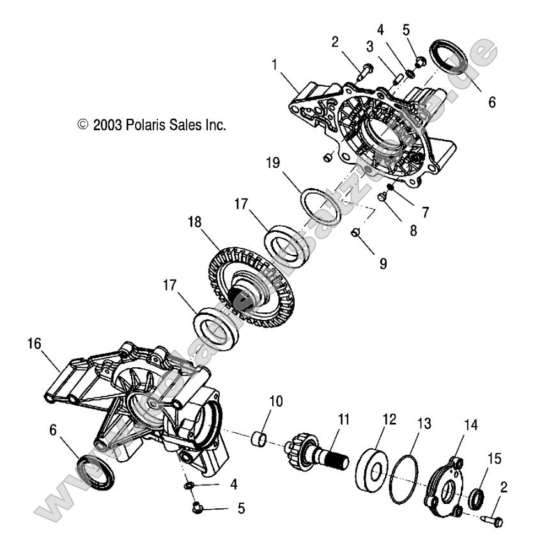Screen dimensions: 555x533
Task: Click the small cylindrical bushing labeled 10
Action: tap(258, 439)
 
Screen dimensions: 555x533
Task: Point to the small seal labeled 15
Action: tap(475, 499)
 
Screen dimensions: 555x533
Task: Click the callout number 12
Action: tap(389, 420)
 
